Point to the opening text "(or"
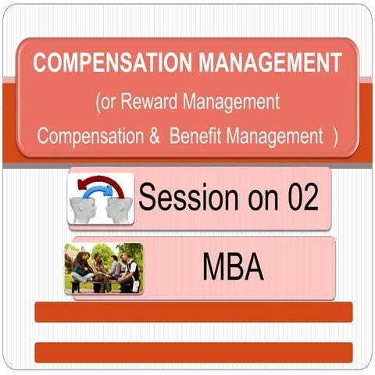110,101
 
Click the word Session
184,198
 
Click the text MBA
232,267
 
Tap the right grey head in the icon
121,205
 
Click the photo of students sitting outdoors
104,267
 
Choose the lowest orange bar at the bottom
194,352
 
